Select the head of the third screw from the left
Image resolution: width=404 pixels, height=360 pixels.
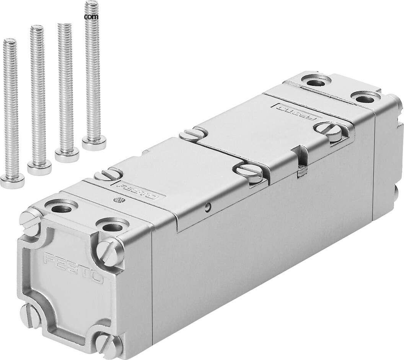[x=67, y=155]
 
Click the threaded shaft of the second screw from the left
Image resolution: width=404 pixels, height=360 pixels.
[x=37, y=96]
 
